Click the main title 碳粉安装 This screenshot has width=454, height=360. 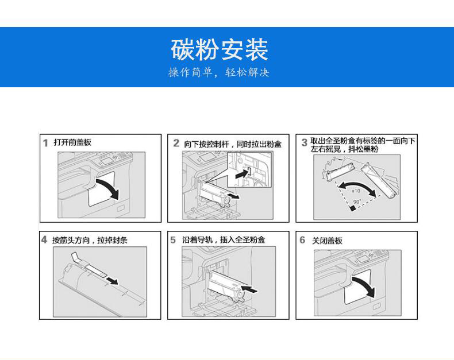point(219,49)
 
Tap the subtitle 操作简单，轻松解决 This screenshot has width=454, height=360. point(219,72)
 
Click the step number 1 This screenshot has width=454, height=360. point(45,143)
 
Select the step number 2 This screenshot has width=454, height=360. point(176,143)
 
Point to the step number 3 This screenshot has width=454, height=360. point(304,142)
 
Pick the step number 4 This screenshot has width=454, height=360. point(44,239)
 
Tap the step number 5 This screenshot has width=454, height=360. point(173,240)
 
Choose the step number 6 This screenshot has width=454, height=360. point(302,240)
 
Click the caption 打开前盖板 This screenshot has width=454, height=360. point(72,142)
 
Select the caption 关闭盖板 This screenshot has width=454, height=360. point(327,241)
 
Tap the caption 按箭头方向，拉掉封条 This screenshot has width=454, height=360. point(90,240)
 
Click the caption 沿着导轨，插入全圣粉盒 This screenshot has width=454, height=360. point(224,239)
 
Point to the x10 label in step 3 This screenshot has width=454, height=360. point(356,191)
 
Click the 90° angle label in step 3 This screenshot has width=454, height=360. point(357,202)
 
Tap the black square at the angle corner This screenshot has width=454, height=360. point(352,208)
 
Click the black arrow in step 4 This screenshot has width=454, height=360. point(112,281)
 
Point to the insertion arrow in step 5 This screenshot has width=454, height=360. point(249,289)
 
